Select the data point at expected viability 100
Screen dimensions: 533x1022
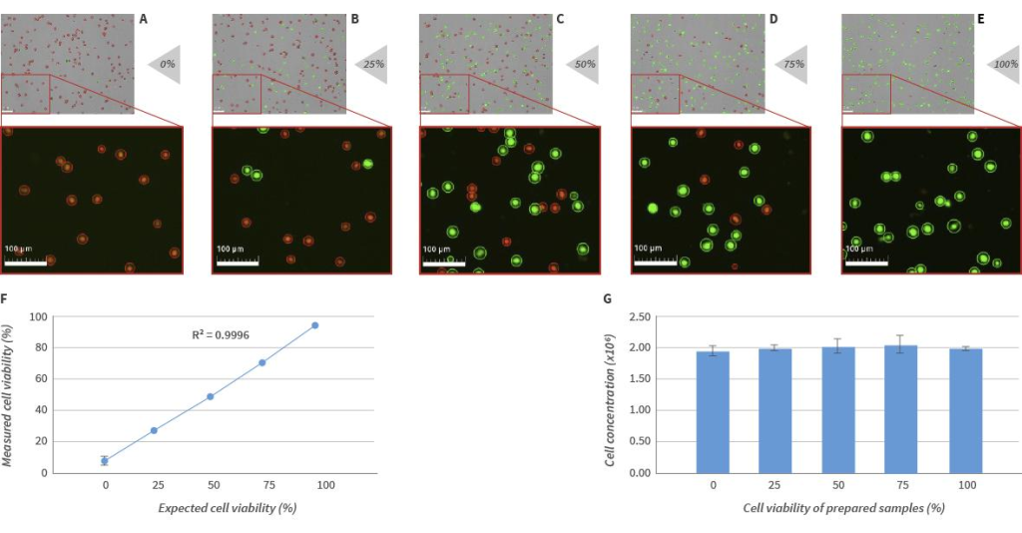(314, 325)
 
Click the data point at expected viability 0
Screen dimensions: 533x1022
(104, 460)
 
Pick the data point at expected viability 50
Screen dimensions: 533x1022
(211, 396)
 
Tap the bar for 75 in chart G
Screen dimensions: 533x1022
(901, 408)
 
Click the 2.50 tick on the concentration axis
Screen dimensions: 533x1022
(667, 316)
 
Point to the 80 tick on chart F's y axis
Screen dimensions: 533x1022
(40, 347)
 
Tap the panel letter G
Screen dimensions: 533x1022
(609, 296)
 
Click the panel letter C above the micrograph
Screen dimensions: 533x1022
(560, 19)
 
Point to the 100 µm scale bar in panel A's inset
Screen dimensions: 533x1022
(26, 261)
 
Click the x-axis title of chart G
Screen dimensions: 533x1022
(843, 508)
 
